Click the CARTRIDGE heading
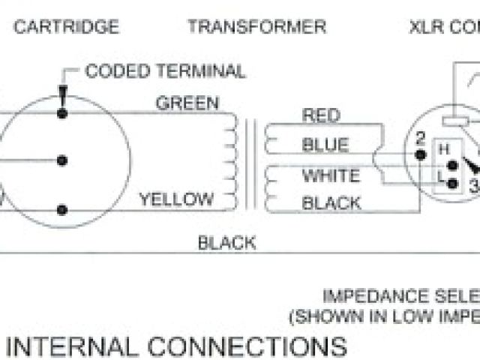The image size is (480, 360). click(x=67, y=27)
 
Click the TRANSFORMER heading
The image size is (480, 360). click(x=256, y=27)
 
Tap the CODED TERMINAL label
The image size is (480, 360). click(x=164, y=71)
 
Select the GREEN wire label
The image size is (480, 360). click(x=187, y=103)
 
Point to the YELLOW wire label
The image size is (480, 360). click(x=175, y=199)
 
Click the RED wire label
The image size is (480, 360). click(x=320, y=115)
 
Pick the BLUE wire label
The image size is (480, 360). click(x=325, y=145)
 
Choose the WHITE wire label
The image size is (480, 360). click(x=331, y=176)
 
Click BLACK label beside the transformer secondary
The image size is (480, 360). click(x=331, y=202)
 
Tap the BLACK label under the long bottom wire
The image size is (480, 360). click(x=226, y=242)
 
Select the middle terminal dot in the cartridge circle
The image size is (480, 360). click(x=63, y=160)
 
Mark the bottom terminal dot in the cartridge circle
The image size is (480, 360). click(x=63, y=209)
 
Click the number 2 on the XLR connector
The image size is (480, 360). click(x=421, y=137)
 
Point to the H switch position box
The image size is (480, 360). click(x=443, y=148)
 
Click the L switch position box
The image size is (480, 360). click(x=443, y=175)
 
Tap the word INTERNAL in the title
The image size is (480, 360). click(x=64, y=346)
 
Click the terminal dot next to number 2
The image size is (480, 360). click(x=421, y=154)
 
